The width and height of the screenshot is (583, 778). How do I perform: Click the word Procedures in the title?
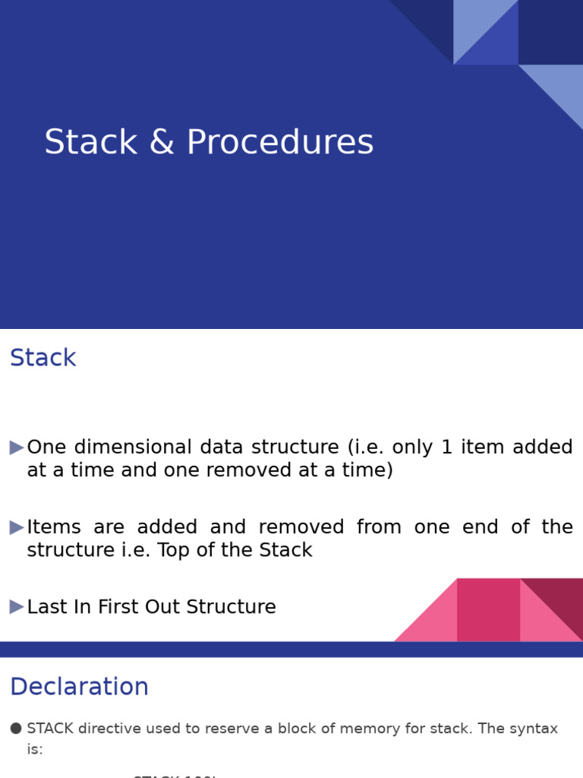(x=279, y=143)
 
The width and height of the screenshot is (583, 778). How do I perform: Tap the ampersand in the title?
(x=161, y=143)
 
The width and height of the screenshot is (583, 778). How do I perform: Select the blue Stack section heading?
(x=43, y=358)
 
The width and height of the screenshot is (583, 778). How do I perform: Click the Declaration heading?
(x=79, y=687)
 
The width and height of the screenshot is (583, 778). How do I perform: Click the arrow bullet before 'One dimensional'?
(x=17, y=448)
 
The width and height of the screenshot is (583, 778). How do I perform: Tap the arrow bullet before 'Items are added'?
(x=17, y=527)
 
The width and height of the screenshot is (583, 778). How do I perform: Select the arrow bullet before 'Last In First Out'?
(x=17, y=607)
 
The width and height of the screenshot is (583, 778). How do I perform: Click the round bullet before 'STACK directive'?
(x=16, y=729)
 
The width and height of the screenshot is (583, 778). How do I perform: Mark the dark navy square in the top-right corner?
(x=550, y=32)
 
